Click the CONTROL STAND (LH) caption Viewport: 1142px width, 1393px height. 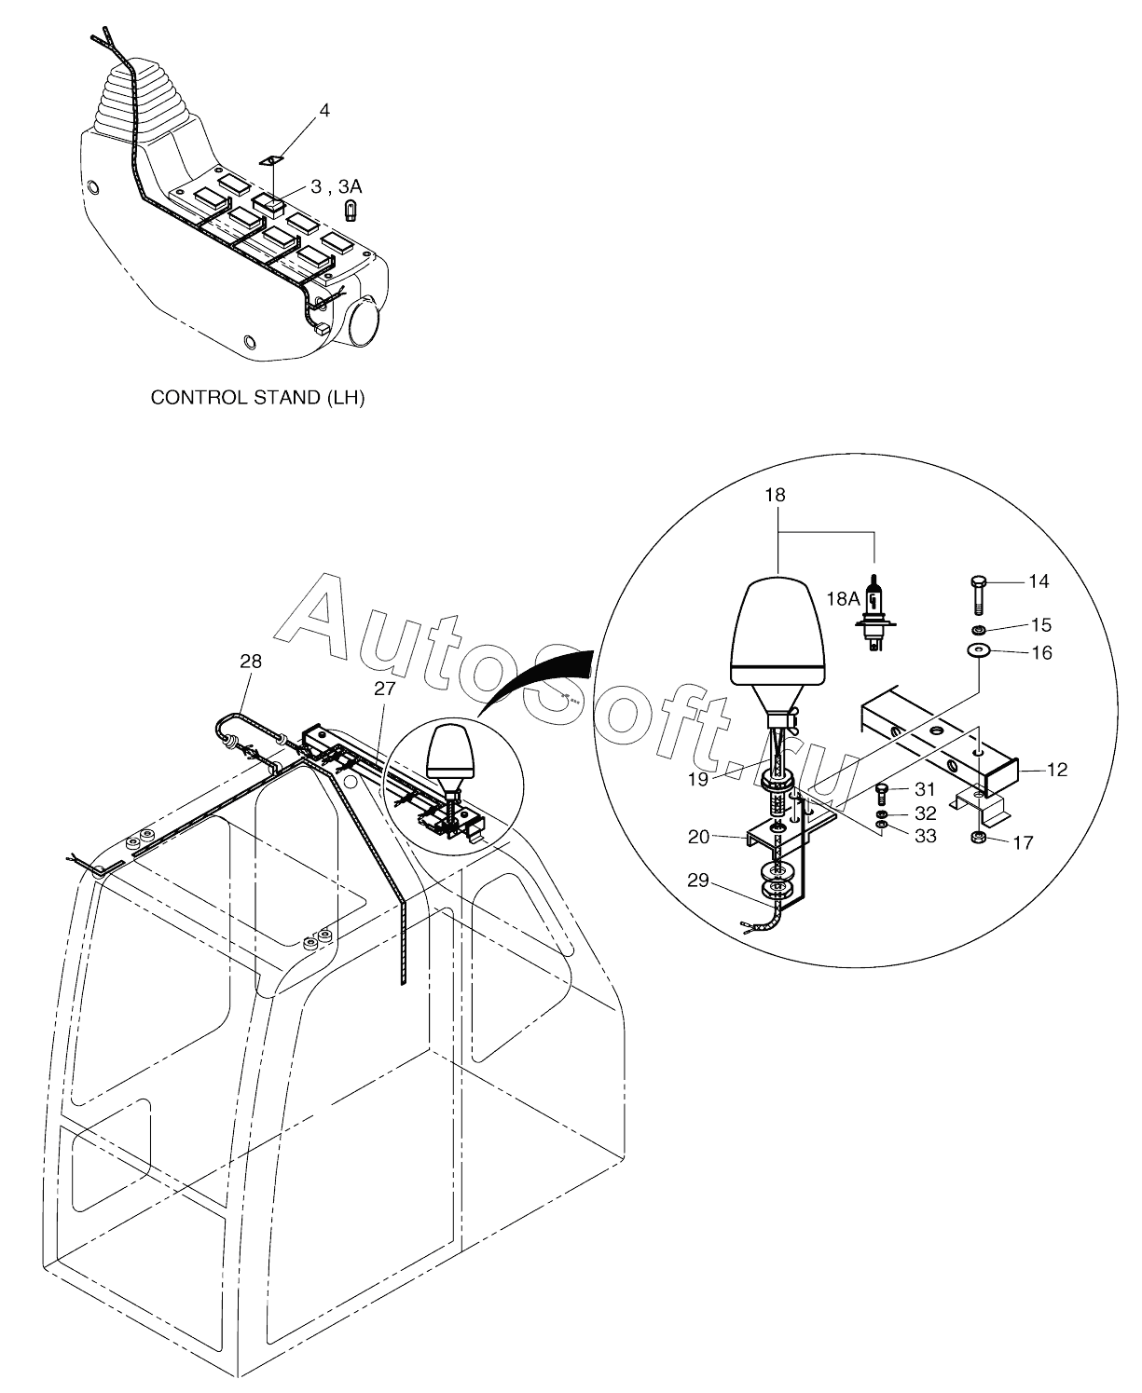click(258, 398)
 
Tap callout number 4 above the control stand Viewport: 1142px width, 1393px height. click(323, 111)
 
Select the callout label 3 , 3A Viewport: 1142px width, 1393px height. click(337, 187)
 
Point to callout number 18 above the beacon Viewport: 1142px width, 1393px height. click(775, 496)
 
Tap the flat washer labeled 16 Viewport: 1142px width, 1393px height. click(977, 649)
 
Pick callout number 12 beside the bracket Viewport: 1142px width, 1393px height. click(1056, 771)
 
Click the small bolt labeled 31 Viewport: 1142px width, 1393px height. click(883, 792)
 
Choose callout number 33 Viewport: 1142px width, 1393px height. click(925, 837)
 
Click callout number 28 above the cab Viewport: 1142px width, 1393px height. click(251, 662)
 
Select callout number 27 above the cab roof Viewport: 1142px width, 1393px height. click(385, 689)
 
